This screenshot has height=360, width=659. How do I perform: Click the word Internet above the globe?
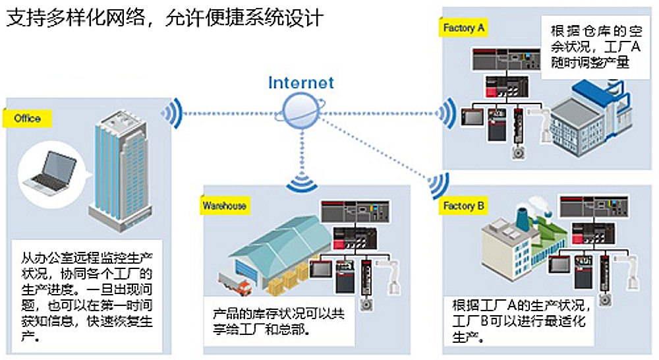pos(301,82)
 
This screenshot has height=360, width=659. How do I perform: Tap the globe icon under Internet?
pos(301,110)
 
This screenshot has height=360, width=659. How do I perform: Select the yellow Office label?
pos(27,119)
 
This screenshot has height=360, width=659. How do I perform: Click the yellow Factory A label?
pos(463,28)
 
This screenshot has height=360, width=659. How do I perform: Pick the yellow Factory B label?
pos(463,206)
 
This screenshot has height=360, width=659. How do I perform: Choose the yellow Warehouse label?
pos(225,206)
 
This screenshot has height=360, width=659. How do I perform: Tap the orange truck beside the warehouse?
pos(235,284)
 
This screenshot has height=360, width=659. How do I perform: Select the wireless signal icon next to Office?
pos(171,113)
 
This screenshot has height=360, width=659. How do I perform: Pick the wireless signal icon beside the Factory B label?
pos(438,185)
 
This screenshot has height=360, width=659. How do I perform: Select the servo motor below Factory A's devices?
pos(519,152)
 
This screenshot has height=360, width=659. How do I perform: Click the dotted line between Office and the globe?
pos(230,113)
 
